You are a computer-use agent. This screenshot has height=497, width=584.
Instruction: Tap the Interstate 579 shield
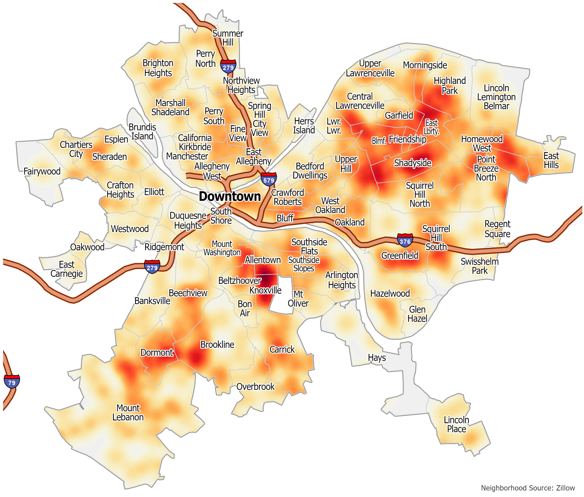click(268, 179)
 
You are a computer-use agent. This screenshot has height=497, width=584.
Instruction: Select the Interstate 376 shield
click(405, 240)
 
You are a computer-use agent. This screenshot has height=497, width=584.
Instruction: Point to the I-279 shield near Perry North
click(228, 66)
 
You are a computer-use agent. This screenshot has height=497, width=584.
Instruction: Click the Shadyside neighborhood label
click(412, 163)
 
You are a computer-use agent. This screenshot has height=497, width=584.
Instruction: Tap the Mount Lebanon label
click(128, 412)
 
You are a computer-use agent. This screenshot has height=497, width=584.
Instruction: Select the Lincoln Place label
click(456, 424)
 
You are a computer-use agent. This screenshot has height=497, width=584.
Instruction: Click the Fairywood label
click(42, 171)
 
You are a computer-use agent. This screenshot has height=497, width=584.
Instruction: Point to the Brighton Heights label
click(158, 68)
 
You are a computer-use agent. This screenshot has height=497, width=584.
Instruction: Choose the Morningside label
click(425, 65)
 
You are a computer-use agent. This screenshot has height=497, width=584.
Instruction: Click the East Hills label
click(551, 160)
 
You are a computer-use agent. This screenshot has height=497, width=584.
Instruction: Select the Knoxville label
click(265, 290)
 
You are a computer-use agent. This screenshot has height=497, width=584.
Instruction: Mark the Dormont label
click(157, 352)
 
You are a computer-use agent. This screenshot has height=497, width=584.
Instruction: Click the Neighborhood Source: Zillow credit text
click(528, 488)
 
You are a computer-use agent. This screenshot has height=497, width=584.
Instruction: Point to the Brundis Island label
click(142, 132)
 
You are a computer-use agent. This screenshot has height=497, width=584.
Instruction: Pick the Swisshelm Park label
click(479, 266)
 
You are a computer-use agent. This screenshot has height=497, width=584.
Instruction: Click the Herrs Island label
click(304, 126)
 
